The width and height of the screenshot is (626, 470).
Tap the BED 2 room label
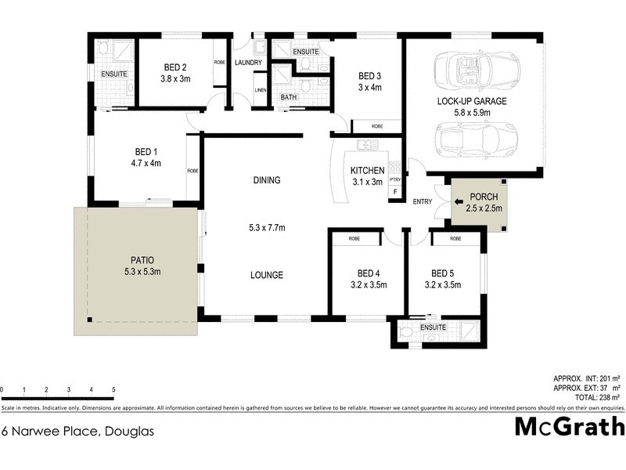(174, 67)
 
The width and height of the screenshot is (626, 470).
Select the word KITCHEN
(366, 171)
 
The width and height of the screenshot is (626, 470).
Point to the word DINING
(266, 180)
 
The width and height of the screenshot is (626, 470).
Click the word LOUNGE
(266, 275)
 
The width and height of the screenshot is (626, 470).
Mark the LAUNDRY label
(247, 63)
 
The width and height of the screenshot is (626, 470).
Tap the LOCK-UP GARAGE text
(472, 101)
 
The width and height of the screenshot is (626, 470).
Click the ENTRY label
(423, 202)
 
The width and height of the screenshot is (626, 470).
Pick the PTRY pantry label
(395, 179)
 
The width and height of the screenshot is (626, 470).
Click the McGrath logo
(569, 427)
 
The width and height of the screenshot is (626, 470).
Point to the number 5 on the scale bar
(114, 389)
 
